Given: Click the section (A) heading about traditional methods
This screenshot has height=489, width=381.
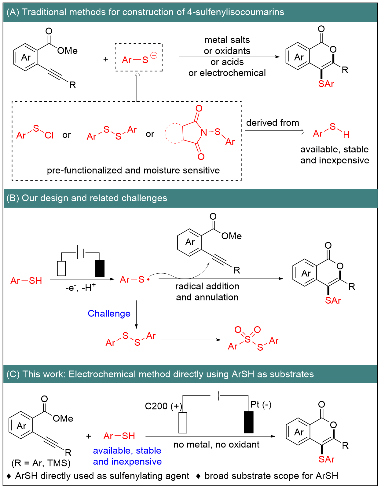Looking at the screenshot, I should point(145,12).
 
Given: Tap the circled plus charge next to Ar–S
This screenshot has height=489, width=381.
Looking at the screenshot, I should point(154,56).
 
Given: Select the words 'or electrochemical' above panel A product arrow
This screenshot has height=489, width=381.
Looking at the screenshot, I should point(227,73).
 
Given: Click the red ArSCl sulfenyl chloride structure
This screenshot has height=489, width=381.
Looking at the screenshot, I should point(35,133).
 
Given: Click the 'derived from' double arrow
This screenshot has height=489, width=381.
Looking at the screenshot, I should point(274,132).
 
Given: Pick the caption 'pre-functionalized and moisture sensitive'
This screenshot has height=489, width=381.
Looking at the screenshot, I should point(133,170).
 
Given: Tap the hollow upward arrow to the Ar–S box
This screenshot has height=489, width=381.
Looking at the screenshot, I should point(137,87).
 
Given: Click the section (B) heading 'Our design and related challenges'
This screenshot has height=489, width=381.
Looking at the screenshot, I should point(87,198).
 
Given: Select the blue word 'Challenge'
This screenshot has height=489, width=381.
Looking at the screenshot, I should point(109,314).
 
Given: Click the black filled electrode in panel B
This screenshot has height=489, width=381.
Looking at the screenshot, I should point(100,268).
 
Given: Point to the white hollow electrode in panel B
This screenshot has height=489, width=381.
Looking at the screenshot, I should point(61,268).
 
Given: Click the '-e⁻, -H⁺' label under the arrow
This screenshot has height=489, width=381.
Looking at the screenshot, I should point(80,287).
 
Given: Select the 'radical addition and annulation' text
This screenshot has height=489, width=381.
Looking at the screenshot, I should point(207,292).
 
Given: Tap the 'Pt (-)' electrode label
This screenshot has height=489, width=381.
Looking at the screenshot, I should point(261,405).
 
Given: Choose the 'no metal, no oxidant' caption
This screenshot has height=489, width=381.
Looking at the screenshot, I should point(216,445).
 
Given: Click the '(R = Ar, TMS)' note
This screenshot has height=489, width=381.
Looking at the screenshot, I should point(41,463).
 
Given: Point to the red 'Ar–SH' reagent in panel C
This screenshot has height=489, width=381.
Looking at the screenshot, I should point(119,436).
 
